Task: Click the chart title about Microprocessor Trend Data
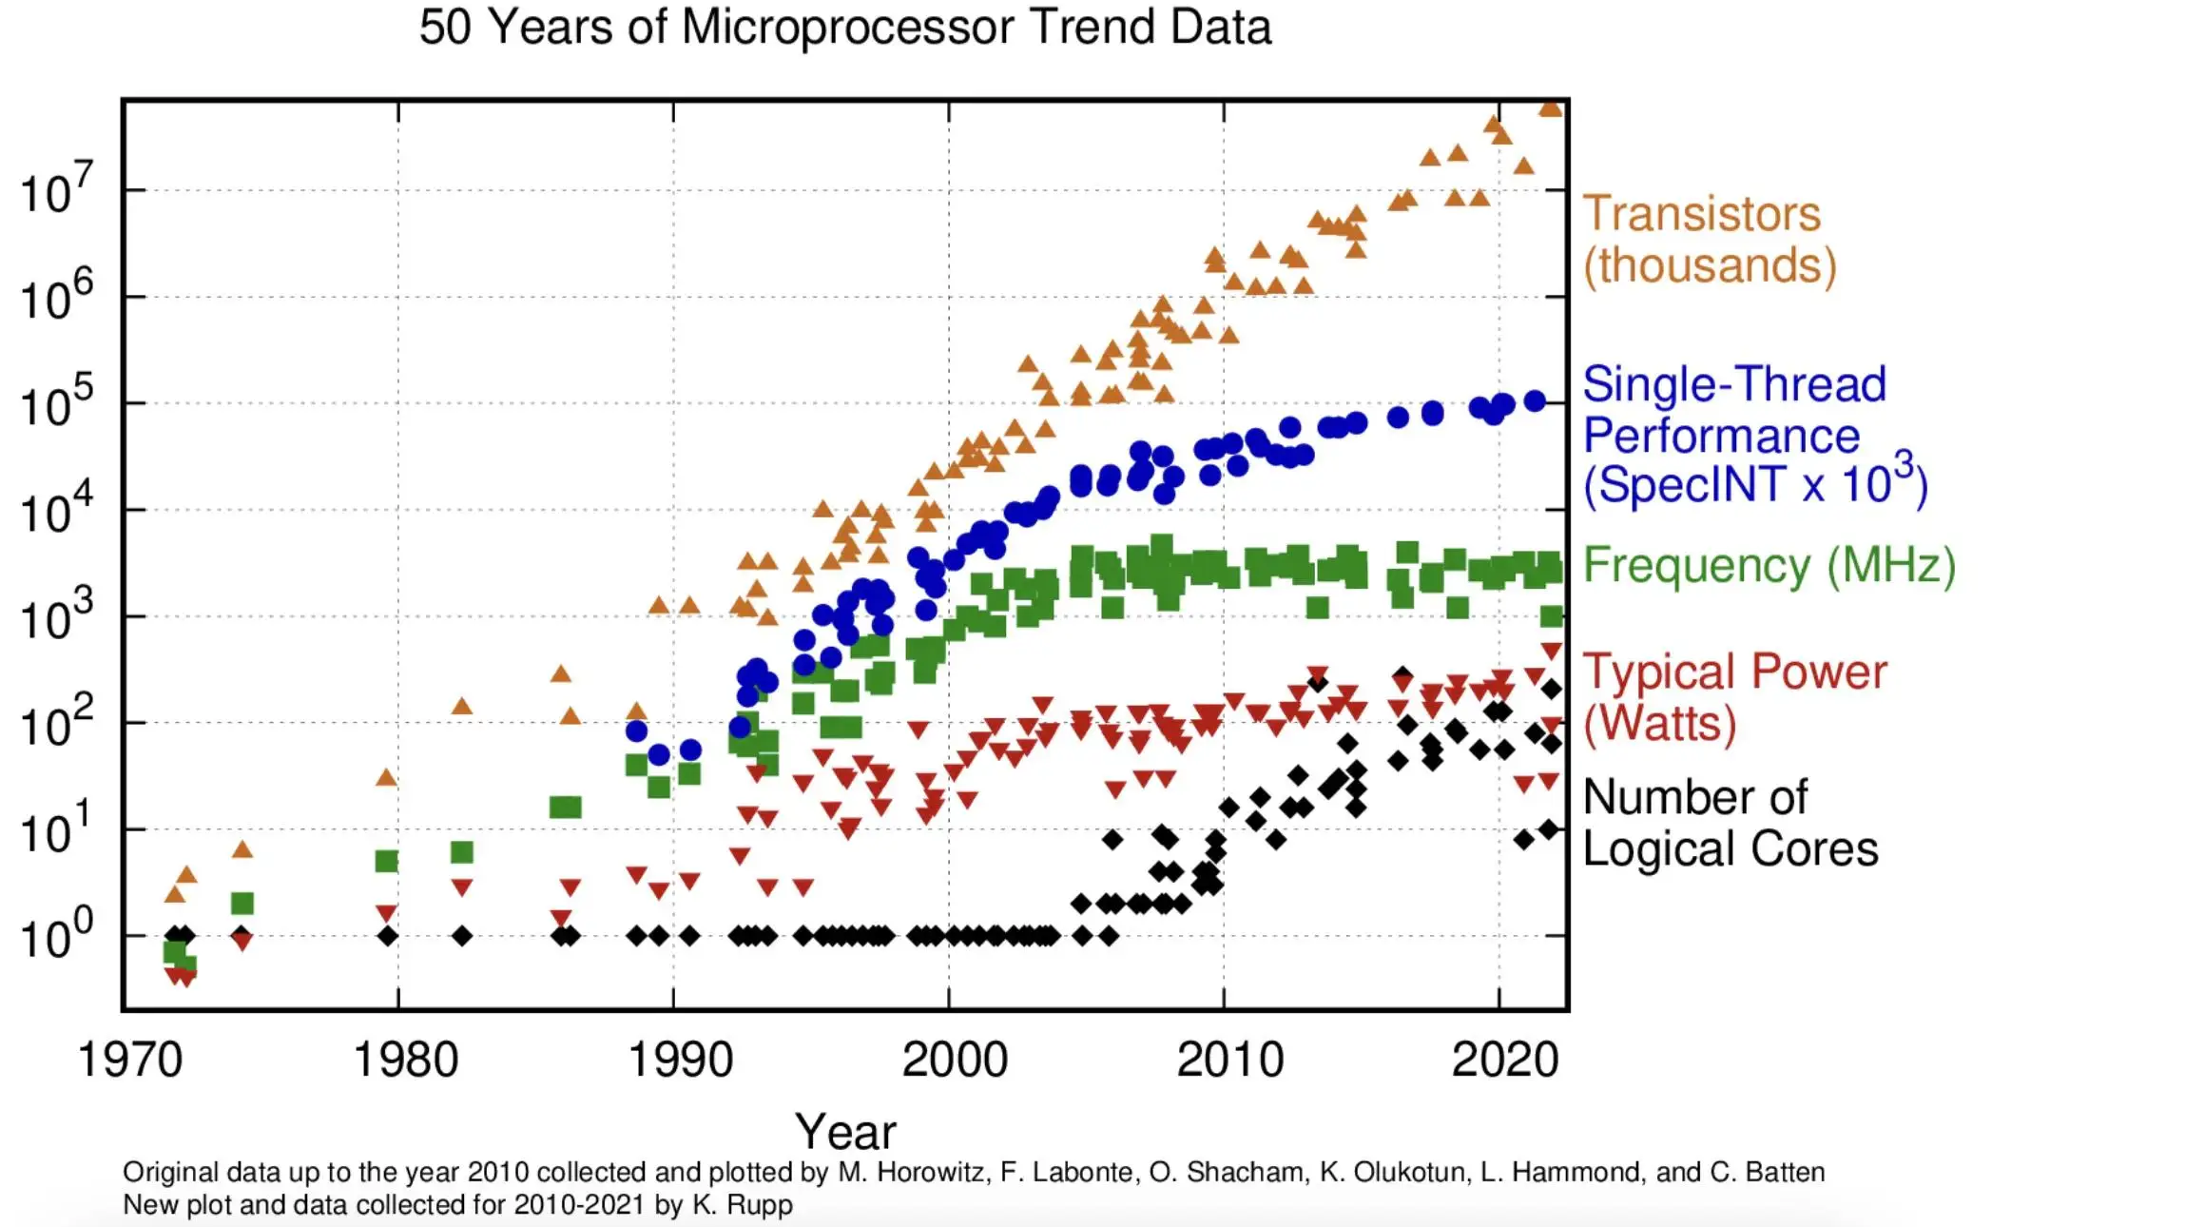click(x=844, y=27)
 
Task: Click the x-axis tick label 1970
click(x=130, y=1060)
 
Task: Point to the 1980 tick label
click(x=406, y=1060)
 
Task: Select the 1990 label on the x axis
click(x=681, y=1060)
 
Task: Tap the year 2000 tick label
click(x=955, y=1060)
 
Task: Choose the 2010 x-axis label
click(x=1230, y=1060)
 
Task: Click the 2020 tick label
click(x=1505, y=1060)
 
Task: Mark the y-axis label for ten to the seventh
click(x=57, y=189)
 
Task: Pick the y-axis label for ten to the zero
click(x=57, y=935)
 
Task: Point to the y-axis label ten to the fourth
click(x=57, y=510)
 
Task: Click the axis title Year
click(x=845, y=1131)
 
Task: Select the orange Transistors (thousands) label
click(x=1709, y=240)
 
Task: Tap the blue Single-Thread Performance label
click(x=1753, y=435)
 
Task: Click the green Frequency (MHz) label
click(x=1769, y=565)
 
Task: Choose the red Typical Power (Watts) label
click(x=1734, y=697)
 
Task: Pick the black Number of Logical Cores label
click(x=1730, y=823)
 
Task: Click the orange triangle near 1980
click(x=386, y=777)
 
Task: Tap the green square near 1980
click(x=386, y=862)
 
